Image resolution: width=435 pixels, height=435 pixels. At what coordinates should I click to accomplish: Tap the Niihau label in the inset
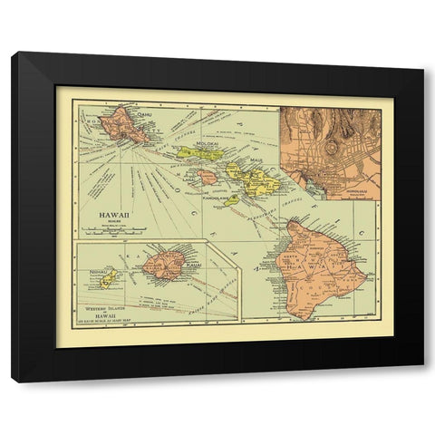100,269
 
